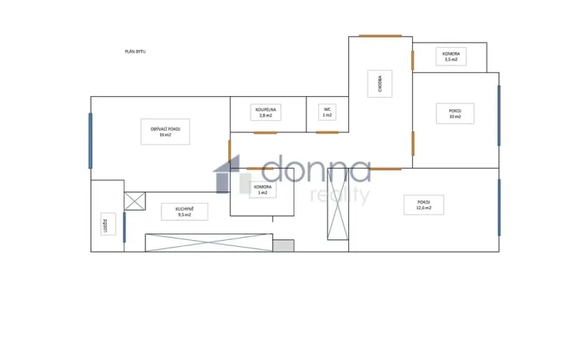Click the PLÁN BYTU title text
point(135,52)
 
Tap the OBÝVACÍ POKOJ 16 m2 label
point(165,131)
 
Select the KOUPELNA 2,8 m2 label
point(267,113)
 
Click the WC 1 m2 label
point(328,113)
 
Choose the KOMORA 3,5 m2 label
point(451,56)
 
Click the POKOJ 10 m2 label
point(455,113)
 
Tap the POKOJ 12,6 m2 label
point(424,204)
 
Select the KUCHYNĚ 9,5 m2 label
point(184,211)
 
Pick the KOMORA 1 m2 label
point(261,190)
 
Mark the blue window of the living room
point(91,141)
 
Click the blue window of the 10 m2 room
point(499,115)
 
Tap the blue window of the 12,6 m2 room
point(499,208)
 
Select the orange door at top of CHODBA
point(380,35)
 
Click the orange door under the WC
point(328,132)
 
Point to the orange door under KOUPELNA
point(265,133)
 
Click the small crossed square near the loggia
point(135,201)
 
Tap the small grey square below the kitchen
point(283,245)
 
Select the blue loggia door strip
point(124,227)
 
